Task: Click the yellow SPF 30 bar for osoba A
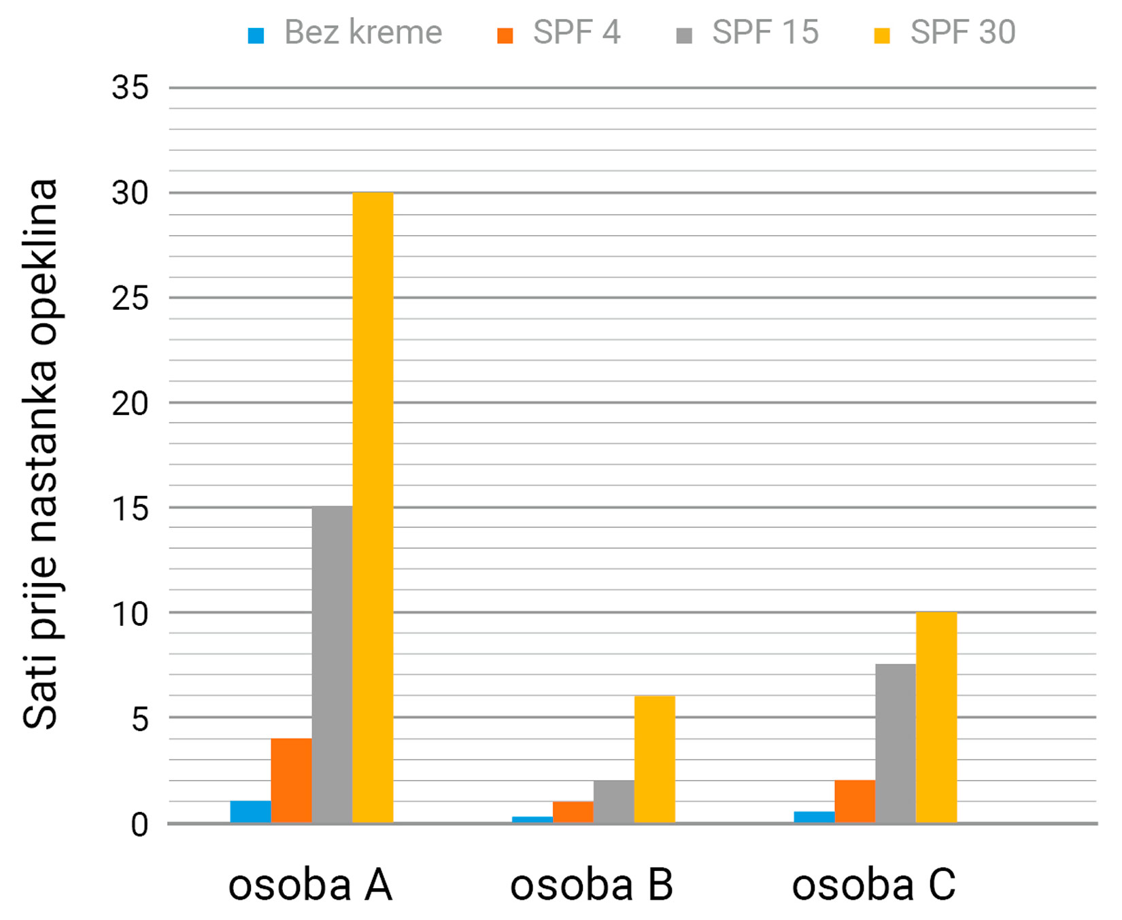[373, 508]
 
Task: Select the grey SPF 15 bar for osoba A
[332, 665]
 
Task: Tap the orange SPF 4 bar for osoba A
[291, 780]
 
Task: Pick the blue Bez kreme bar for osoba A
[250, 812]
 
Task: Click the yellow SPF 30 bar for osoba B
[654, 759]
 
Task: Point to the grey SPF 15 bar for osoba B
[613, 801]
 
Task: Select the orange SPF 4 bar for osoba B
[573, 812]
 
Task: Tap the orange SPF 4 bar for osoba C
[855, 801]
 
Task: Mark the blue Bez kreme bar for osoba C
[814, 817]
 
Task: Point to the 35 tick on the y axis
[130, 88]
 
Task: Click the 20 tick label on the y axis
[130, 404]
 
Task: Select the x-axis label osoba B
[591, 885]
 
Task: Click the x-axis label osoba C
[873, 885]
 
